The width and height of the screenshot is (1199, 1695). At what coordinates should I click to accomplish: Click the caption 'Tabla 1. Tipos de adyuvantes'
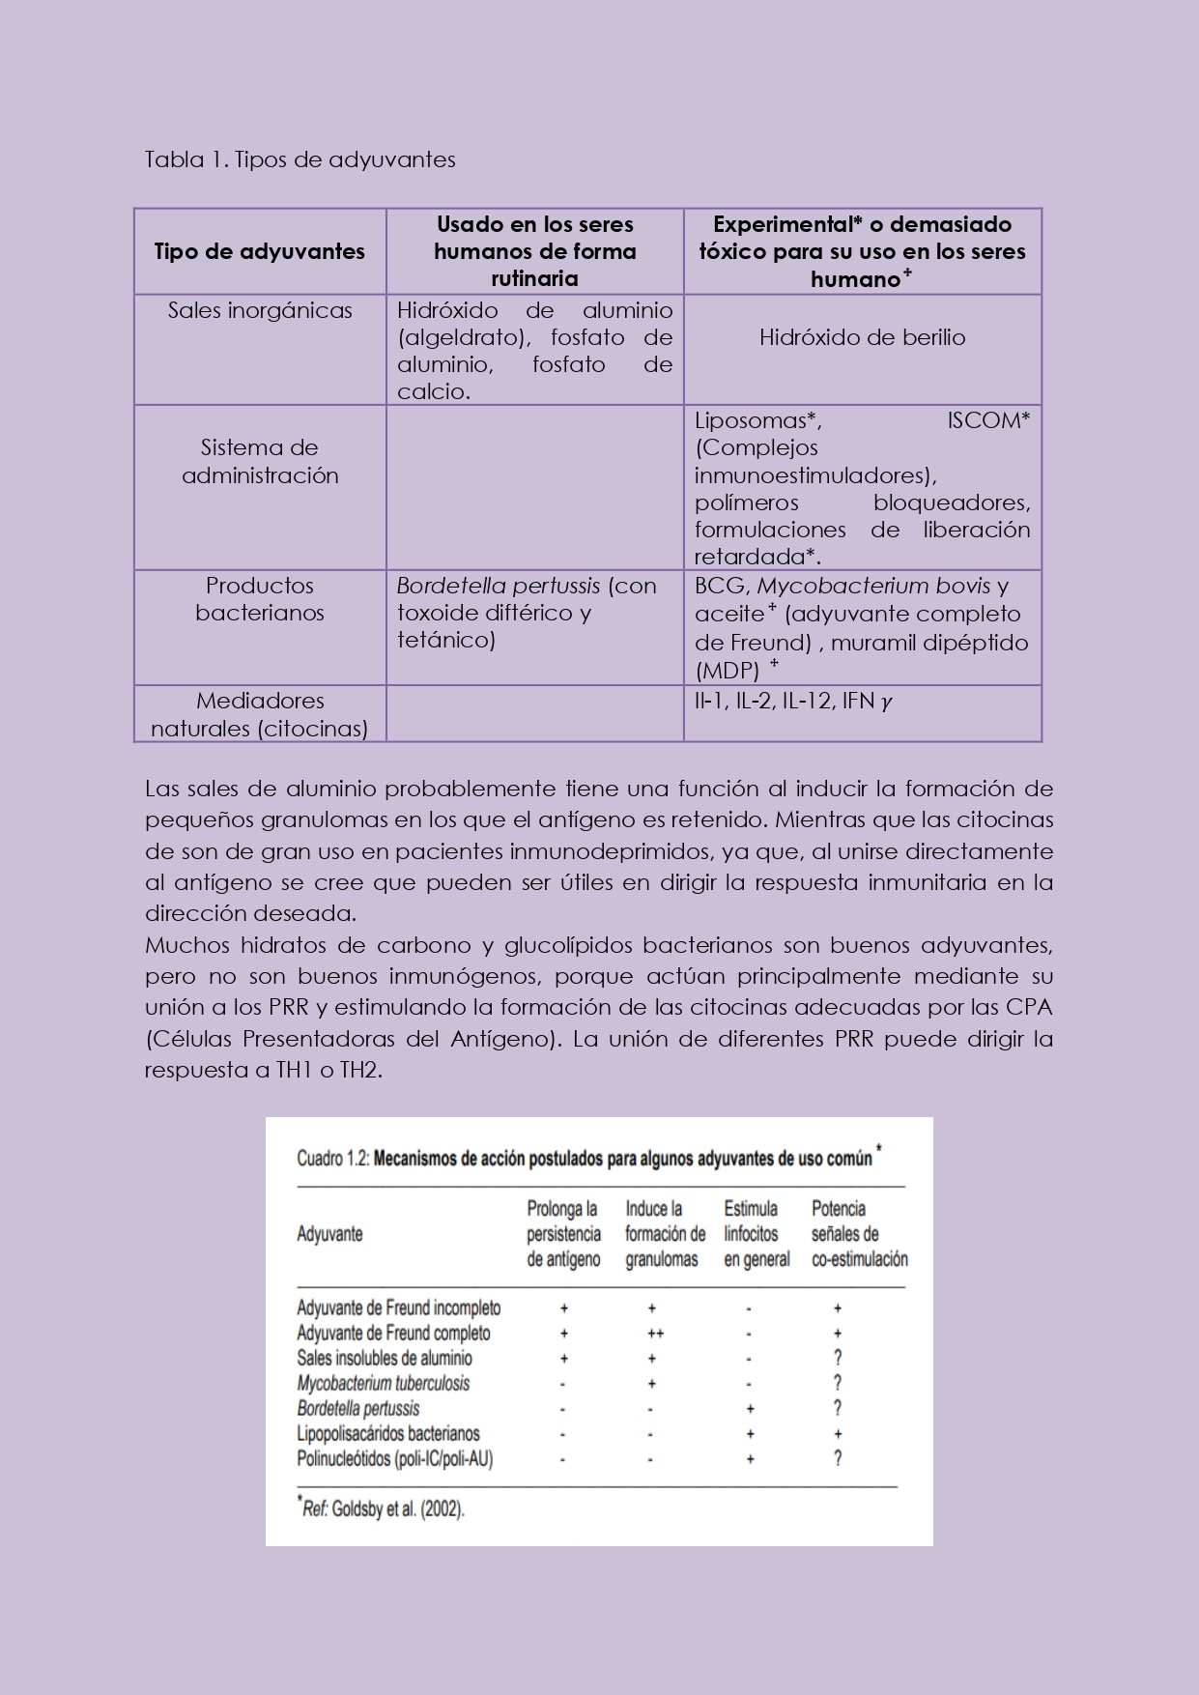300,159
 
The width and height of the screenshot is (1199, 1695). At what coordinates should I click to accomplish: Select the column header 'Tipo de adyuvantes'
260,252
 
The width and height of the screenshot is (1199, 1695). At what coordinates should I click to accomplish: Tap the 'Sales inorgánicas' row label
260,310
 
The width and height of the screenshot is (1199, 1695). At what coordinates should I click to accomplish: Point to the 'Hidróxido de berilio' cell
862,337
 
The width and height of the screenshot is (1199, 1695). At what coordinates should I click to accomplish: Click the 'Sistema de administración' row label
260,461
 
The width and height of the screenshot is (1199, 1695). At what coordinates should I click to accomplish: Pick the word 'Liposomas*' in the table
757,420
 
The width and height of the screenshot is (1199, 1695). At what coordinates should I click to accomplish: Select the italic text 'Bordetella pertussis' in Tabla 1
498,586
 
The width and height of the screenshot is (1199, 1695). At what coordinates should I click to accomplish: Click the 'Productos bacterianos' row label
260,599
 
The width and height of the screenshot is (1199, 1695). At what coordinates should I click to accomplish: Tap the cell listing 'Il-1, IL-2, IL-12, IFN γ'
792,701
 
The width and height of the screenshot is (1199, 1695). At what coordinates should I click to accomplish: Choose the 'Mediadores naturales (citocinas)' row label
260,714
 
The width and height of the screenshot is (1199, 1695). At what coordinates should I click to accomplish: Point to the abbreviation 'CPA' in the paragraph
1028,1007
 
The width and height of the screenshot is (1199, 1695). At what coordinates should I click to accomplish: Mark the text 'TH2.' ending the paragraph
361,1070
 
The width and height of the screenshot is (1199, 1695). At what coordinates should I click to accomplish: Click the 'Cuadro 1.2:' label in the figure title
332,1159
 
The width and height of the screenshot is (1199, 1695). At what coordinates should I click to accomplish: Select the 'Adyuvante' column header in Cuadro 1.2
329,1234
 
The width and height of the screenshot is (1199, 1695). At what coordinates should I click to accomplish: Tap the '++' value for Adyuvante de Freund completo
655,1334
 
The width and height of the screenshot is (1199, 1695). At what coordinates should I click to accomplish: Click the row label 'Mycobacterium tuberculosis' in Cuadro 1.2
384,1383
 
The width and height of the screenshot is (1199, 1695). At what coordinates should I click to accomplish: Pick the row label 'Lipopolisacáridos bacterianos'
388,1433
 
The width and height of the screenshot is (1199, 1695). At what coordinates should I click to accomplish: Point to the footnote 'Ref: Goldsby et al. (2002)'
384,1509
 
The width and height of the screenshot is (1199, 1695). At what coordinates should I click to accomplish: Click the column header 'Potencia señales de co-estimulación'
859,1234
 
